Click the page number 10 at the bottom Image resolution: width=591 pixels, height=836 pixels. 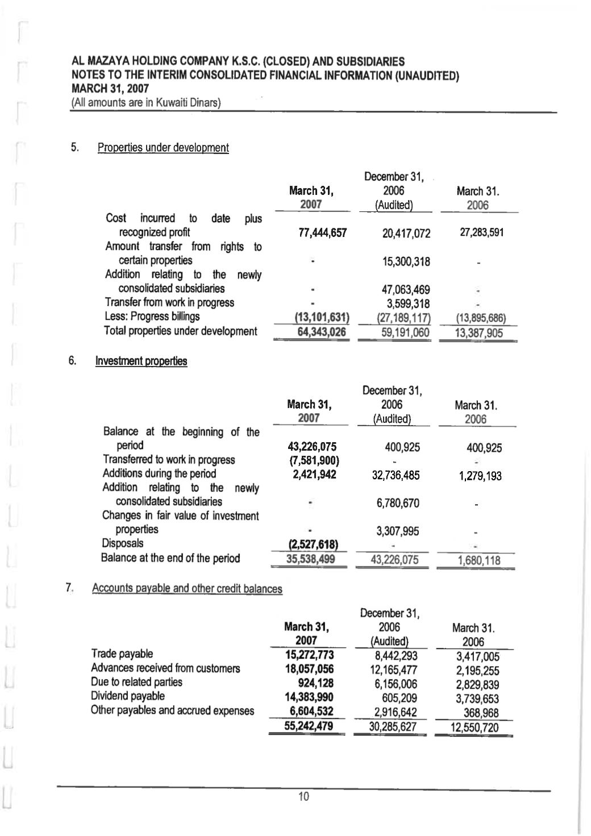(x=304, y=797)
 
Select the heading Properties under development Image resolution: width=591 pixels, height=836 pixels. (x=163, y=148)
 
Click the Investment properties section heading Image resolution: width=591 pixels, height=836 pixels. (x=141, y=361)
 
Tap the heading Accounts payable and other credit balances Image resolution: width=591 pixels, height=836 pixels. (x=187, y=588)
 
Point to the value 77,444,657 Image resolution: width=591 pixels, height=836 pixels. (x=322, y=232)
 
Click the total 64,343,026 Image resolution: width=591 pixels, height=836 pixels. (x=322, y=332)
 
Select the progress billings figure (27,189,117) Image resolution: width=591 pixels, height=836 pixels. (x=404, y=318)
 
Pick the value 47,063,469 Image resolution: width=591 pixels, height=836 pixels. (x=406, y=290)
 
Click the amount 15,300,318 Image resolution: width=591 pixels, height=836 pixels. (x=406, y=261)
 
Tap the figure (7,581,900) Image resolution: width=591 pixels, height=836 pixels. (x=314, y=460)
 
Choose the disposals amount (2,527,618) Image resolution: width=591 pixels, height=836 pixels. (x=314, y=544)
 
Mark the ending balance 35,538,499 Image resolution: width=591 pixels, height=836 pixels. (x=310, y=559)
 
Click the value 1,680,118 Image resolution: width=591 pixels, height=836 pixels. (x=479, y=560)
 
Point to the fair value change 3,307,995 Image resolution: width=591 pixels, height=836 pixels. (x=398, y=531)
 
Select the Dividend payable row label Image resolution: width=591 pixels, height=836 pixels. (x=128, y=696)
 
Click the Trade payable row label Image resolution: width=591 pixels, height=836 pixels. (x=122, y=654)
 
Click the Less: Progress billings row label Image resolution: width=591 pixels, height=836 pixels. (x=152, y=317)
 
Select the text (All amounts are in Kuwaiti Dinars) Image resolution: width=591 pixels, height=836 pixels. (x=145, y=103)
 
